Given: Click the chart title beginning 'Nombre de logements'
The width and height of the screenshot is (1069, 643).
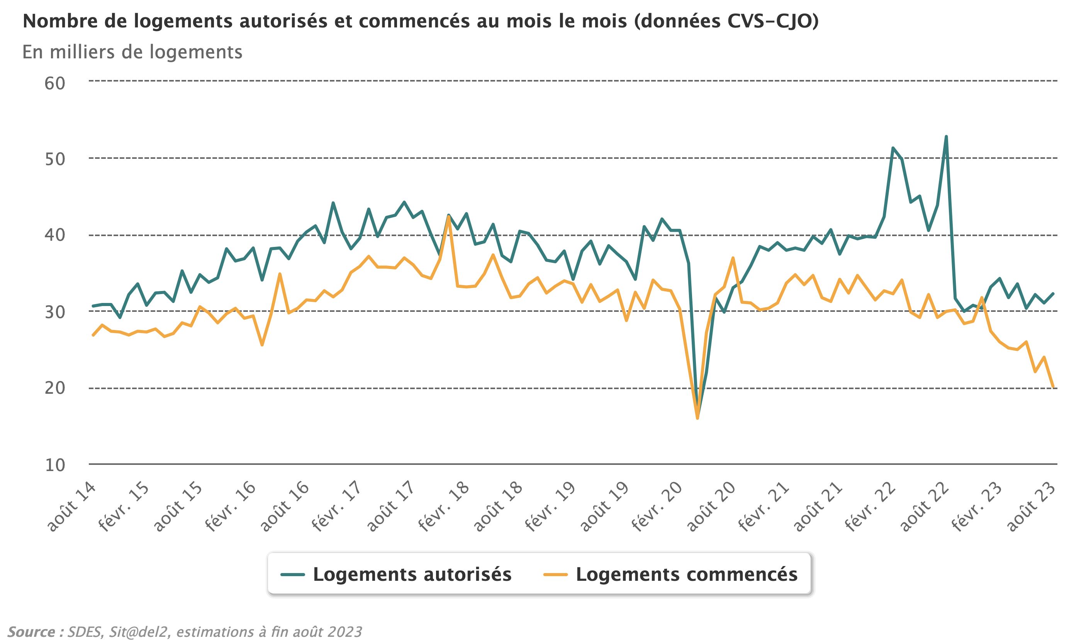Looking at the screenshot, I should pos(420,22).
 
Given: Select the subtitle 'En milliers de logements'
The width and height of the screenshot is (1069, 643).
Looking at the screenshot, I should pos(132,52).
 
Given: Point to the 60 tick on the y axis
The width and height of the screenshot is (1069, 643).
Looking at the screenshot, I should pos(55,83).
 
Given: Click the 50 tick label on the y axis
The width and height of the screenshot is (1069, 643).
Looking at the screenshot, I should pos(55,160).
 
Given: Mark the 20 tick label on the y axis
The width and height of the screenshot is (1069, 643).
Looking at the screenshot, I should pos(55,388).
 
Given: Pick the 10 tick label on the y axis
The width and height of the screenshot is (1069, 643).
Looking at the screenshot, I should pos(55,465).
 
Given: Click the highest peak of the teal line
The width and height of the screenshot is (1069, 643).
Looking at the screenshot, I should pos(946,136).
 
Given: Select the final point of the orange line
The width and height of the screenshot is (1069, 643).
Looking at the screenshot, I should pos(1054,387).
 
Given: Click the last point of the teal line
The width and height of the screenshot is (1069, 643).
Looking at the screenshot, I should pos(1054,293).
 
